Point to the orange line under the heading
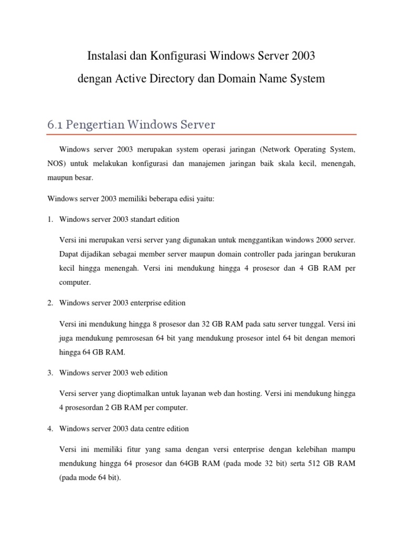click(x=201, y=134)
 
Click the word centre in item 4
click(x=160, y=429)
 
